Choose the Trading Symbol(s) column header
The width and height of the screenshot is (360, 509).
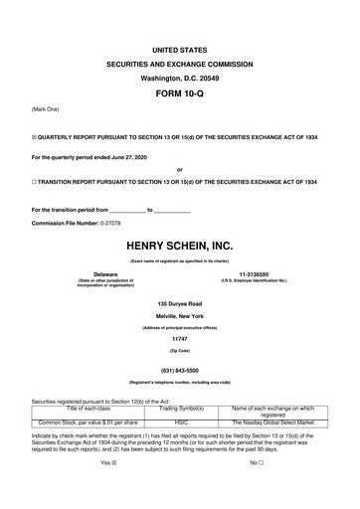[x=182, y=409]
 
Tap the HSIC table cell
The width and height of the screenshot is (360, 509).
[x=182, y=423]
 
